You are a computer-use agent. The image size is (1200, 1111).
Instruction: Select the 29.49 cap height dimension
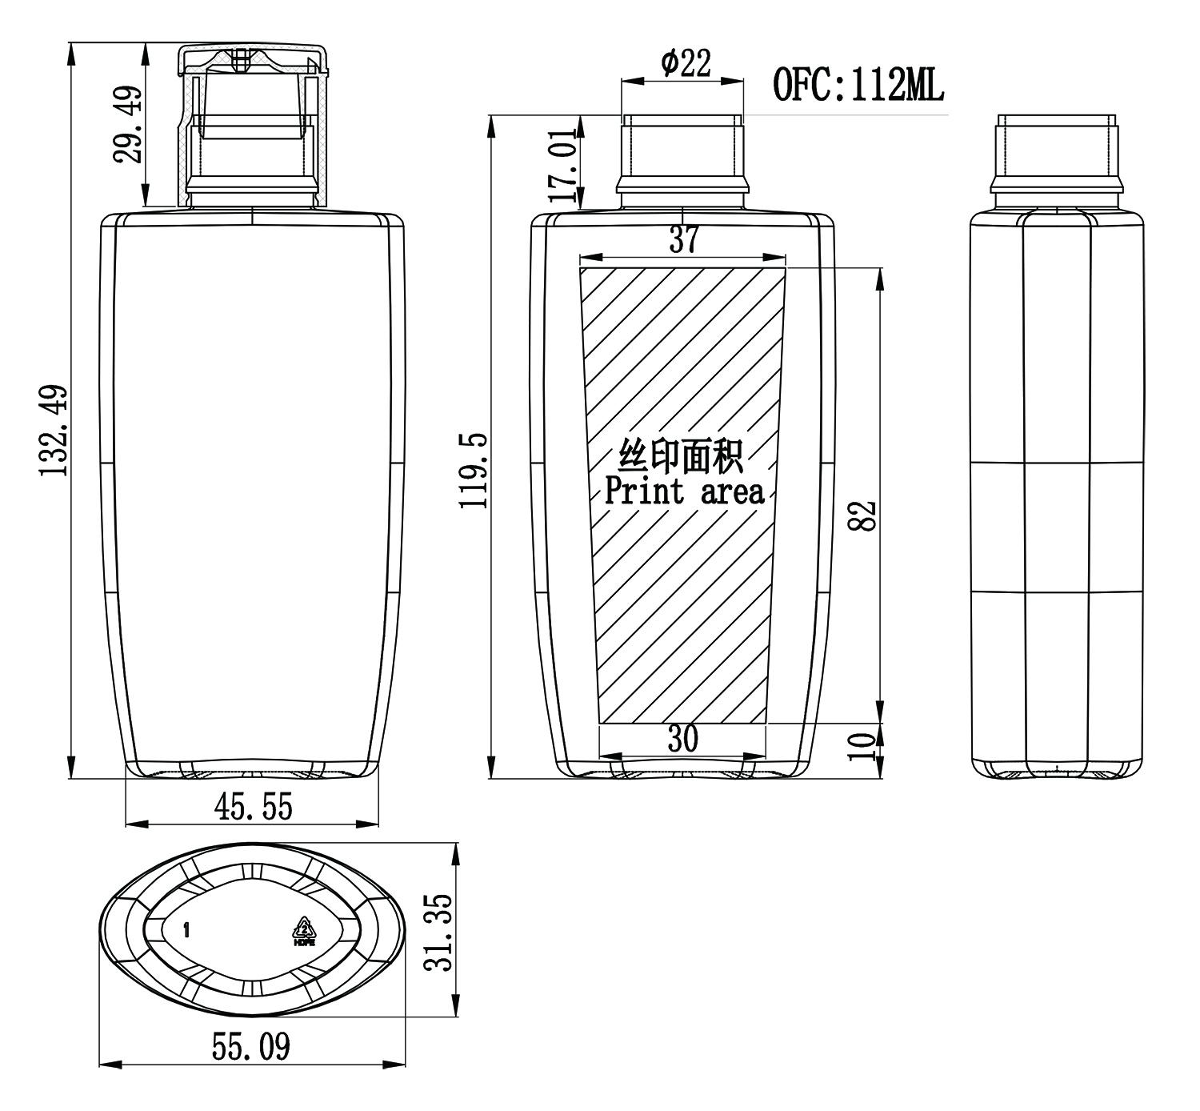coord(128,123)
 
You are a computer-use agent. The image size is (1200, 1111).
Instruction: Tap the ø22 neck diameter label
coord(686,63)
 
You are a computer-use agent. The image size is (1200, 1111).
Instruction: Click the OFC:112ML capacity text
coord(858,85)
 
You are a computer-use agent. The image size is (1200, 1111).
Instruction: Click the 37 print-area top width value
coord(683,239)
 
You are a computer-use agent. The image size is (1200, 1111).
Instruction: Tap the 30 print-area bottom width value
coord(682,739)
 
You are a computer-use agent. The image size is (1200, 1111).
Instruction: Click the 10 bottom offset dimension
coord(862,747)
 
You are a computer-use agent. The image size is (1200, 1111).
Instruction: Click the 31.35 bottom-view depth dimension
coord(439,932)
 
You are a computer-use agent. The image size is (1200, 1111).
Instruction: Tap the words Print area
coord(684,491)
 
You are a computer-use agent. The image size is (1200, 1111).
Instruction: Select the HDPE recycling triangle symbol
coord(305,932)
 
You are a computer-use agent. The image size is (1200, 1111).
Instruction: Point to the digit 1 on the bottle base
coord(186,930)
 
